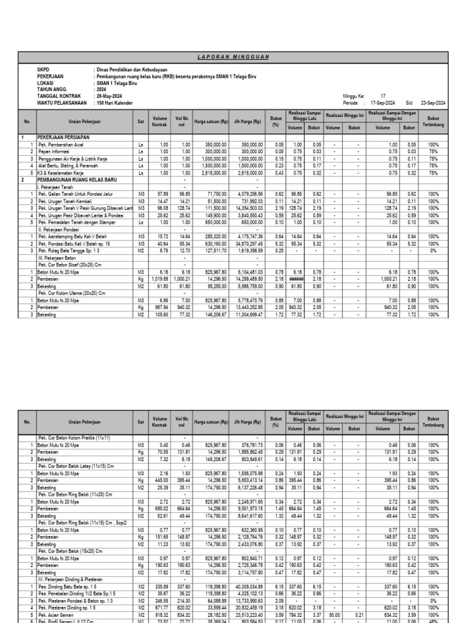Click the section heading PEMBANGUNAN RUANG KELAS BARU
click(77, 179)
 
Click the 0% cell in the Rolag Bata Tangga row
click(434, 249)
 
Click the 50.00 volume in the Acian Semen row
click(334, 614)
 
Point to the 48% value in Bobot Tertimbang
click(434, 621)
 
